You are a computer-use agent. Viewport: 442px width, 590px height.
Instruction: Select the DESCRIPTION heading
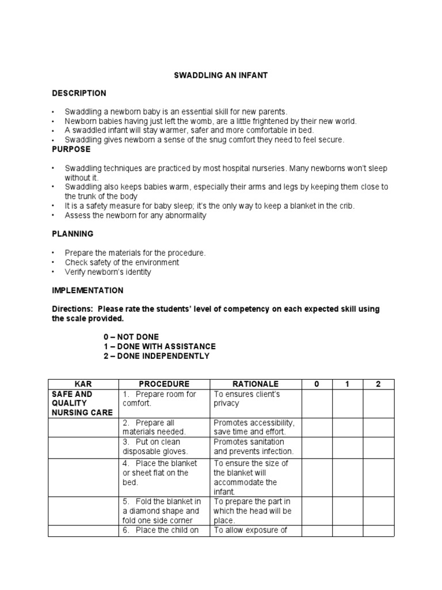coord(79,93)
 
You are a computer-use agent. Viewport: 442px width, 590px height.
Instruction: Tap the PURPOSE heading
coord(71,149)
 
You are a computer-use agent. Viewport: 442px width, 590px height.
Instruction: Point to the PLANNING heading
coord(73,235)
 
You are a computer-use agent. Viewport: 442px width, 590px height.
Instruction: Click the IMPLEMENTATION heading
coord(87,290)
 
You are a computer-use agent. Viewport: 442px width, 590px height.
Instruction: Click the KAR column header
coord(83,384)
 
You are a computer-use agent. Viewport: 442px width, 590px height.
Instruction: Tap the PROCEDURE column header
coord(164,384)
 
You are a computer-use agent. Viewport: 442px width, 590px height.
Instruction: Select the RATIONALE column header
coord(255,384)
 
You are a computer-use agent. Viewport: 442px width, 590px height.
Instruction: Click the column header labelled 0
coord(317,384)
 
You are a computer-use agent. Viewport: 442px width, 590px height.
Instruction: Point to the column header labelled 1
coord(347,384)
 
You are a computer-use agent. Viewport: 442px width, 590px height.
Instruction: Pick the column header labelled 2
coord(378,384)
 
